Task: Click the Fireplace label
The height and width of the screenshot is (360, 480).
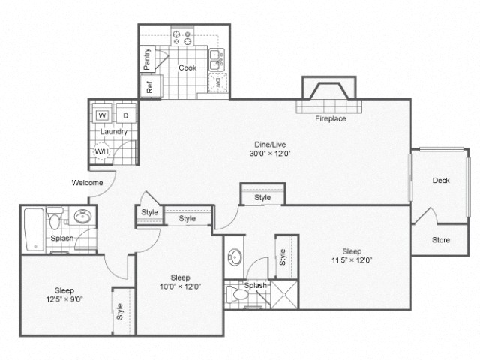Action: tap(330, 118)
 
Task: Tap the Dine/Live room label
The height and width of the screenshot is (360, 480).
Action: tap(271, 144)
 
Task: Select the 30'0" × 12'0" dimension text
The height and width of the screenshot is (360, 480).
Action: tap(271, 154)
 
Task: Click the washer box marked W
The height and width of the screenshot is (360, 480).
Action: tap(102, 115)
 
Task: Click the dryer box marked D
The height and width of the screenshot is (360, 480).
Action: tap(125, 115)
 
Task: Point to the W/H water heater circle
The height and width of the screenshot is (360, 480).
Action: tap(101, 151)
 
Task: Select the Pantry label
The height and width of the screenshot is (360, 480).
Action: tap(148, 59)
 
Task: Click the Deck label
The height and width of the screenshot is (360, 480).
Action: tap(441, 180)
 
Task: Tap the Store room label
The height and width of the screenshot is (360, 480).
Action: tap(441, 240)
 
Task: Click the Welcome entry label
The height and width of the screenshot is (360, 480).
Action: tap(87, 182)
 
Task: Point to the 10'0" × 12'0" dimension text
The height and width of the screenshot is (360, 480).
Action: tap(180, 286)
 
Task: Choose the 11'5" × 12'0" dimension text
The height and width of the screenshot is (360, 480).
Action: tap(352, 260)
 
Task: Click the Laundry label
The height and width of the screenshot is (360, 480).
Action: tap(114, 131)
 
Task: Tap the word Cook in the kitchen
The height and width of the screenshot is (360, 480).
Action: tap(187, 67)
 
